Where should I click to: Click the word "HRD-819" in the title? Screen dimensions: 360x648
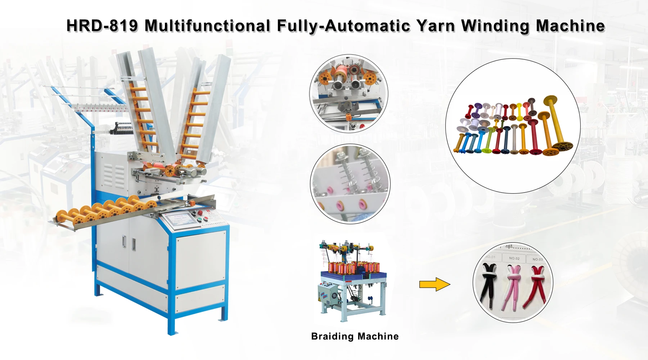[x=102, y=26]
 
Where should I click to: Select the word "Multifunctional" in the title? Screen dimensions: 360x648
[x=207, y=26]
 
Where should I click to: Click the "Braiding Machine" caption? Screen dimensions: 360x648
[x=355, y=336]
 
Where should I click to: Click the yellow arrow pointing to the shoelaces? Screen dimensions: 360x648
[x=435, y=284]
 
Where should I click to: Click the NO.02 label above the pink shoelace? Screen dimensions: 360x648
[x=514, y=258]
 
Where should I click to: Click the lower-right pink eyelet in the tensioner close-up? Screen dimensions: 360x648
[x=360, y=205]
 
